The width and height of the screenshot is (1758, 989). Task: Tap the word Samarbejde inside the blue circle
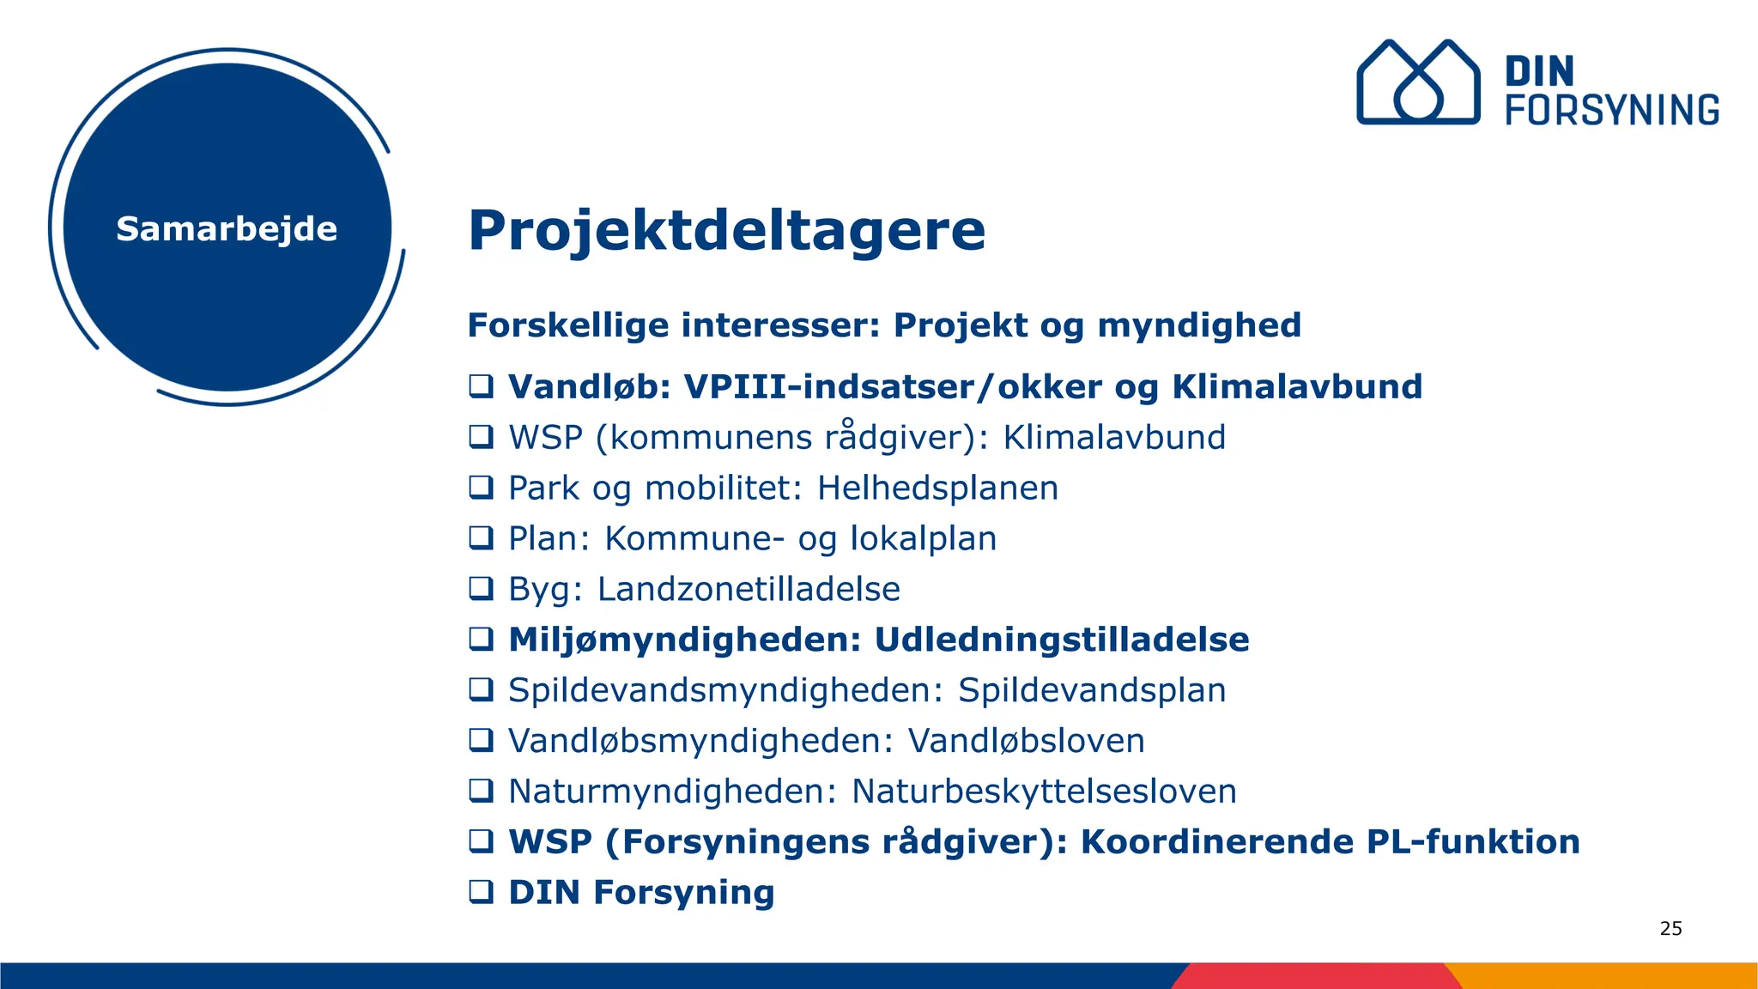tap(227, 229)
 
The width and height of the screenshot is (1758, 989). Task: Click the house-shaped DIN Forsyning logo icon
tap(1417, 82)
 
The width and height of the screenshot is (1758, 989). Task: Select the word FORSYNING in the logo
tap(1612, 111)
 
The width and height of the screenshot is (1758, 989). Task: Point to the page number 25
tap(1670, 928)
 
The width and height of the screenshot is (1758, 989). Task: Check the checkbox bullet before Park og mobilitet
tap(481, 488)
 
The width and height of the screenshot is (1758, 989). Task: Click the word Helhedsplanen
tap(937, 488)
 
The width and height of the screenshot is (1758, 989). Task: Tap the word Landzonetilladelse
tap(749, 589)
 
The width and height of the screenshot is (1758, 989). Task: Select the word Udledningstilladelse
tap(1061, 640)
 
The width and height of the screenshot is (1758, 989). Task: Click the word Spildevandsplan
tap(1092, 690)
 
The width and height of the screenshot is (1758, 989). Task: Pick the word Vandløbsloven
tap(1026, 741)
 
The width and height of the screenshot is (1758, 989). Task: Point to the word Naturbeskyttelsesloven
tap(1044, 792)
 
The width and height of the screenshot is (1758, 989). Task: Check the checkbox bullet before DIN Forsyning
tap(481, 892)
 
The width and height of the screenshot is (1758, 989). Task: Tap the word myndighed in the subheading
tap(1199, 325)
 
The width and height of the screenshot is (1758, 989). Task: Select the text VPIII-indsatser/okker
tap(893, 386)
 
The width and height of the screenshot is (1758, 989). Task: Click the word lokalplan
tap(923, 538)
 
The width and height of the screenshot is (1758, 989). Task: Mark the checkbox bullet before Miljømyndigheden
tap(481, 640)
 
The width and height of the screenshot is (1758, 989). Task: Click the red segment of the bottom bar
tap(1313, 976)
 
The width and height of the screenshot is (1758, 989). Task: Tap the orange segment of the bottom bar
tap(1605, 976)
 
